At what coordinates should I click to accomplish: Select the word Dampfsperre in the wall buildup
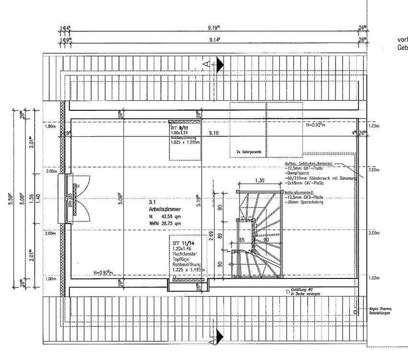[298, 173]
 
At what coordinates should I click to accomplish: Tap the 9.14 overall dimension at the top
[215, 41]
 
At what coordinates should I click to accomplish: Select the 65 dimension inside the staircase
[242, 239]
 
